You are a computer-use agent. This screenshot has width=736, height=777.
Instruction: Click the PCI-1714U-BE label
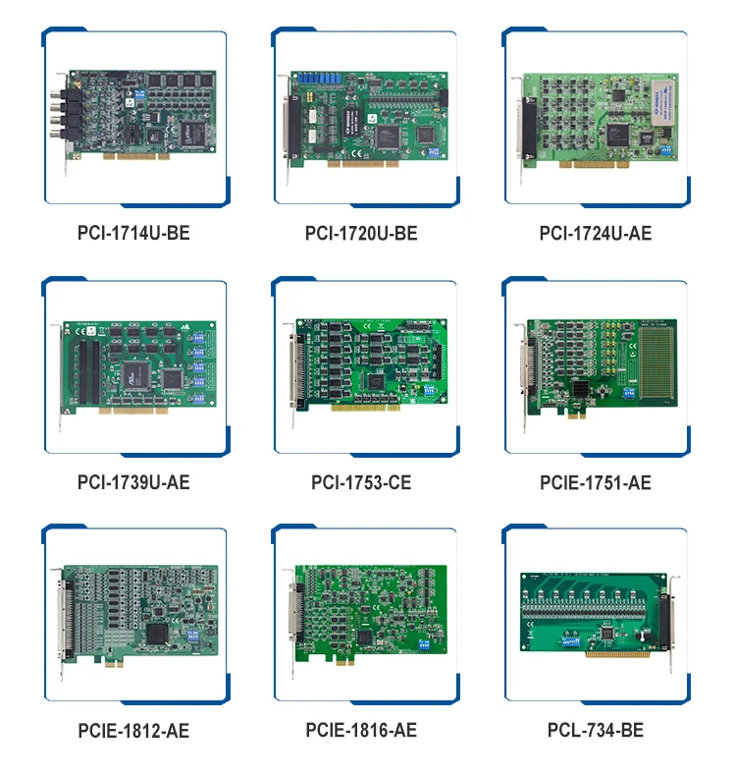click(x=132, y=233)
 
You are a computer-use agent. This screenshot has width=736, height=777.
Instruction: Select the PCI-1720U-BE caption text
click(x=361, y=233)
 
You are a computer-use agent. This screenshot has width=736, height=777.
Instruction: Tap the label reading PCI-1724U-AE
click(x=595, y=233)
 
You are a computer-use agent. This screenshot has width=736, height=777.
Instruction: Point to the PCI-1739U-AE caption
click(x=133, y=482)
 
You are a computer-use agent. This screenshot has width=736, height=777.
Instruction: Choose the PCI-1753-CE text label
click(x=361, y=482)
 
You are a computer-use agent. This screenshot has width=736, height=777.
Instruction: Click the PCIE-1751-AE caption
click(x=595, y=482)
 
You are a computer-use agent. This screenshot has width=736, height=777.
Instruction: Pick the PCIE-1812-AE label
click(x=133, y=731)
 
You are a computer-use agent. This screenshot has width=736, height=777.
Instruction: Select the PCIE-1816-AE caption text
click(x=361, y=731)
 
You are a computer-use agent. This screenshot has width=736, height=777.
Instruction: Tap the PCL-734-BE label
click(x=595, y=731)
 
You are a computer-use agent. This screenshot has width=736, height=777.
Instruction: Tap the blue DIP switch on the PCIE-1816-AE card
click(x=426, y=645)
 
